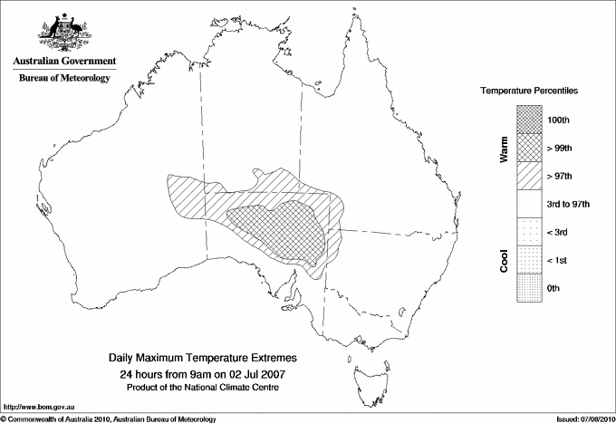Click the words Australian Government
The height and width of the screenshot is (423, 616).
pyautogui.click(x=63, y=62)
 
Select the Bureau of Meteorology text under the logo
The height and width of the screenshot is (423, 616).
pyautogui.click(x=63, y=78)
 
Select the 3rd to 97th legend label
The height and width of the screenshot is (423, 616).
pyautogui.click(x=569, y=205)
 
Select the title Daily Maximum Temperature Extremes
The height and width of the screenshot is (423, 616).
pyautogui.click(x=203, y=359)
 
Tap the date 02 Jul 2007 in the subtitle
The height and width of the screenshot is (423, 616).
pyautogui.click(x=256, y=373)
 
